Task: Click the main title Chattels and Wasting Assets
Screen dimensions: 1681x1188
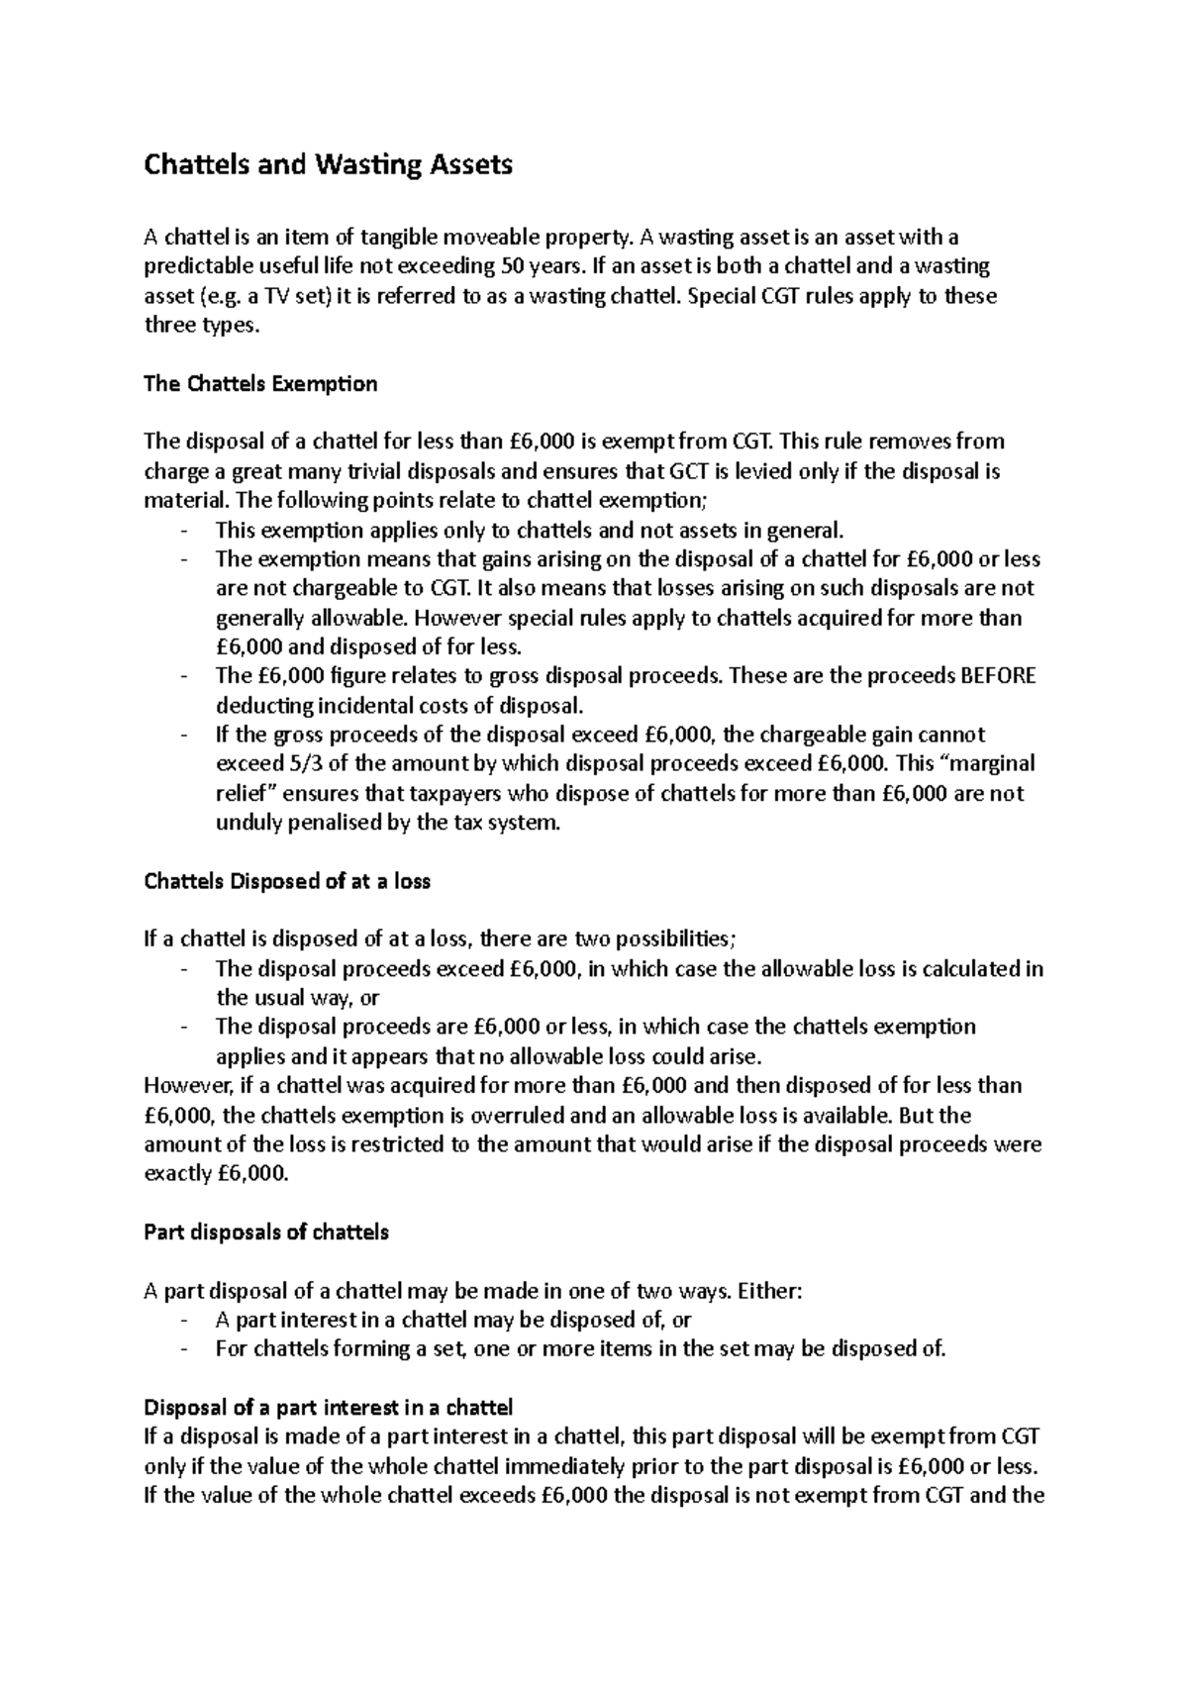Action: pos(328,164)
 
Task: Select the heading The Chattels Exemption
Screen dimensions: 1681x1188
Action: pos(260,384)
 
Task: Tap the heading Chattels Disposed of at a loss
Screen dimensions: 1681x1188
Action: pos(287,880)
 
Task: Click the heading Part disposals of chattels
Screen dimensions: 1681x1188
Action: pos(266,1233)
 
